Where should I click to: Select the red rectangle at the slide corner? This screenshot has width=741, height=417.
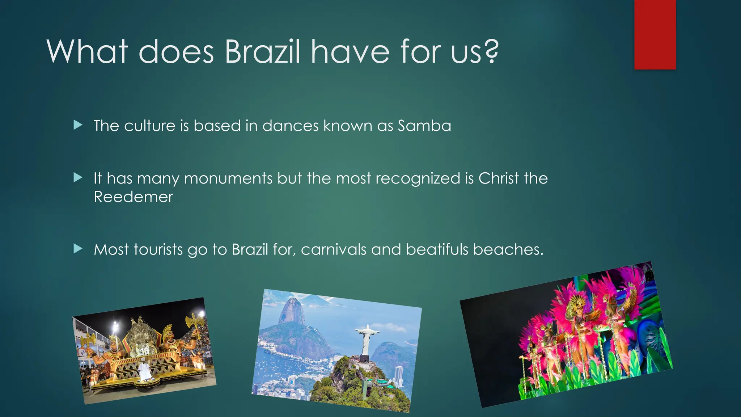point(655,35)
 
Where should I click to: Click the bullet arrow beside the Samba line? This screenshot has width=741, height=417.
point(78,125)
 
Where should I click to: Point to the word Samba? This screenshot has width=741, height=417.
point(424,126)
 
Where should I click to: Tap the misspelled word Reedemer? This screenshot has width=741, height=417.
point(133,197)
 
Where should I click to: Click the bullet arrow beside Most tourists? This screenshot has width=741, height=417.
point(78,249)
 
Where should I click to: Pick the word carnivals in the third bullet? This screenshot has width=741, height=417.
point(333,250)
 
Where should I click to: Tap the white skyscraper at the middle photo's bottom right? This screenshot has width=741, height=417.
point(398,376)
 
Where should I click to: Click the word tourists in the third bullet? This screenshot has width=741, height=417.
point(158,250)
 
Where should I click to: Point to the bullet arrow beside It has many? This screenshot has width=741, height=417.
point(78,178)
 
